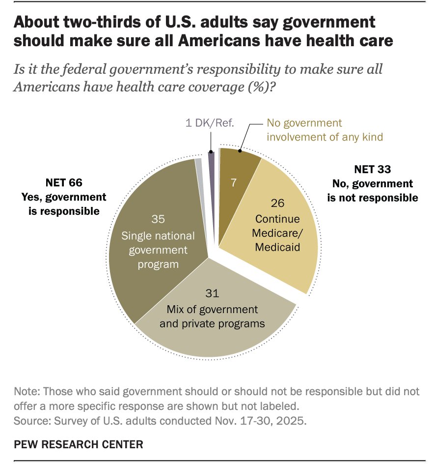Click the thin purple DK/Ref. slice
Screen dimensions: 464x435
coord(212,159)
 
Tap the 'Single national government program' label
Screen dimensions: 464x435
coord(155,250)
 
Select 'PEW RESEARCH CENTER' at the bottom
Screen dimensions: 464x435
coord(79,444)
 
